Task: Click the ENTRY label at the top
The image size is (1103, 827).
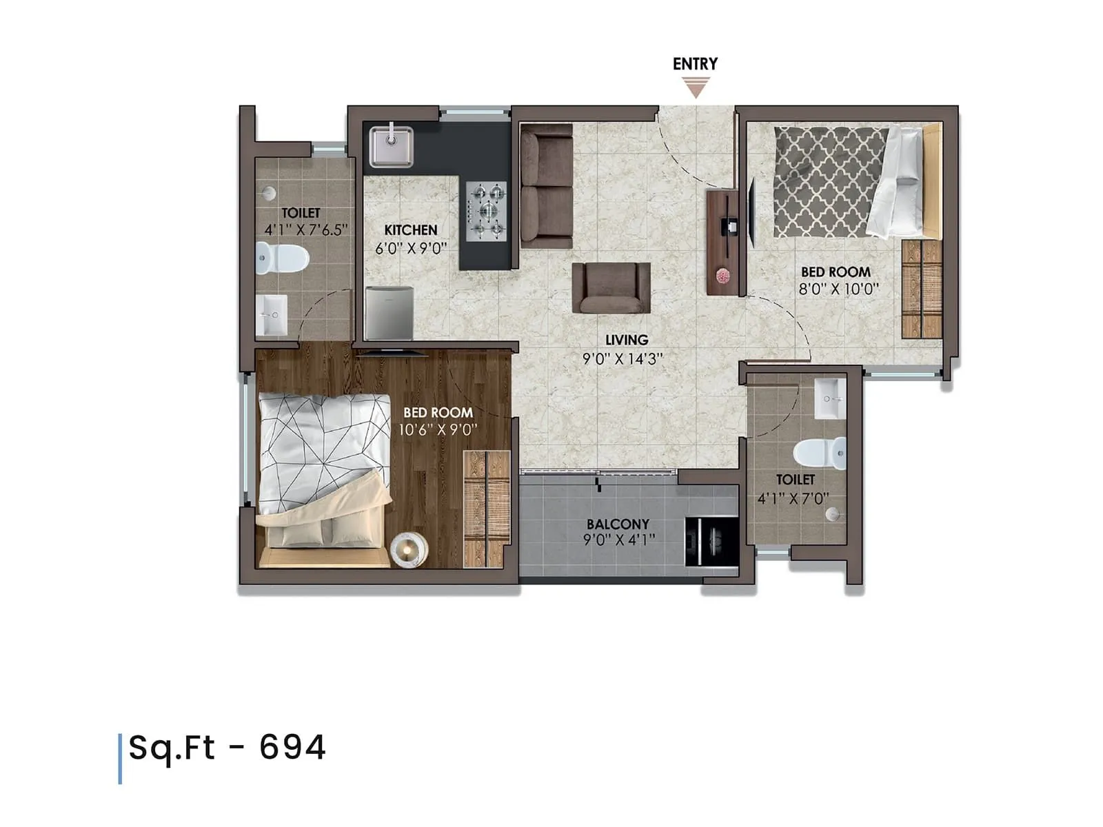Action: coord(695,64)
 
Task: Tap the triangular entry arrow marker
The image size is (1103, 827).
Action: coord(696,88)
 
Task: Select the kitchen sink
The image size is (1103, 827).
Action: coord(392,146)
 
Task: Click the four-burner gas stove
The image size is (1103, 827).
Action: coord(487,211)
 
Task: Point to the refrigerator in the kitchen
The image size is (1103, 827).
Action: coord(389,313)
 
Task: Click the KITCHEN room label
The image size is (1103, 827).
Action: coord(411,230)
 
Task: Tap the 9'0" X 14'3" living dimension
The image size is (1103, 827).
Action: coord(623,358)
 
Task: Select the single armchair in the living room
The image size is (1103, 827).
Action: coord(611,287)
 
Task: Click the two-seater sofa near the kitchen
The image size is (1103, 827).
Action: coord(546,186)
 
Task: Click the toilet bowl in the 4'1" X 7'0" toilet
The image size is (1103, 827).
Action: coord(820,453)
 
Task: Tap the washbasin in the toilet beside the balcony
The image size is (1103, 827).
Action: coord(830,398)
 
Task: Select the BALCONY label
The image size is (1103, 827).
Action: coord(618,524)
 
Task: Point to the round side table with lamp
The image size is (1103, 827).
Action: coord(409,551)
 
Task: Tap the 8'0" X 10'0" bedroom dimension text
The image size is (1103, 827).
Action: coord(838,289)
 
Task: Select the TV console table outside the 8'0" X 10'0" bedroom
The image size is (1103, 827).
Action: coord(722,243)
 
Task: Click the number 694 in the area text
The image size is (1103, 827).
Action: coord(292,748)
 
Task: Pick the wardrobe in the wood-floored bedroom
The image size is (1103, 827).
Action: coord(486,509)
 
